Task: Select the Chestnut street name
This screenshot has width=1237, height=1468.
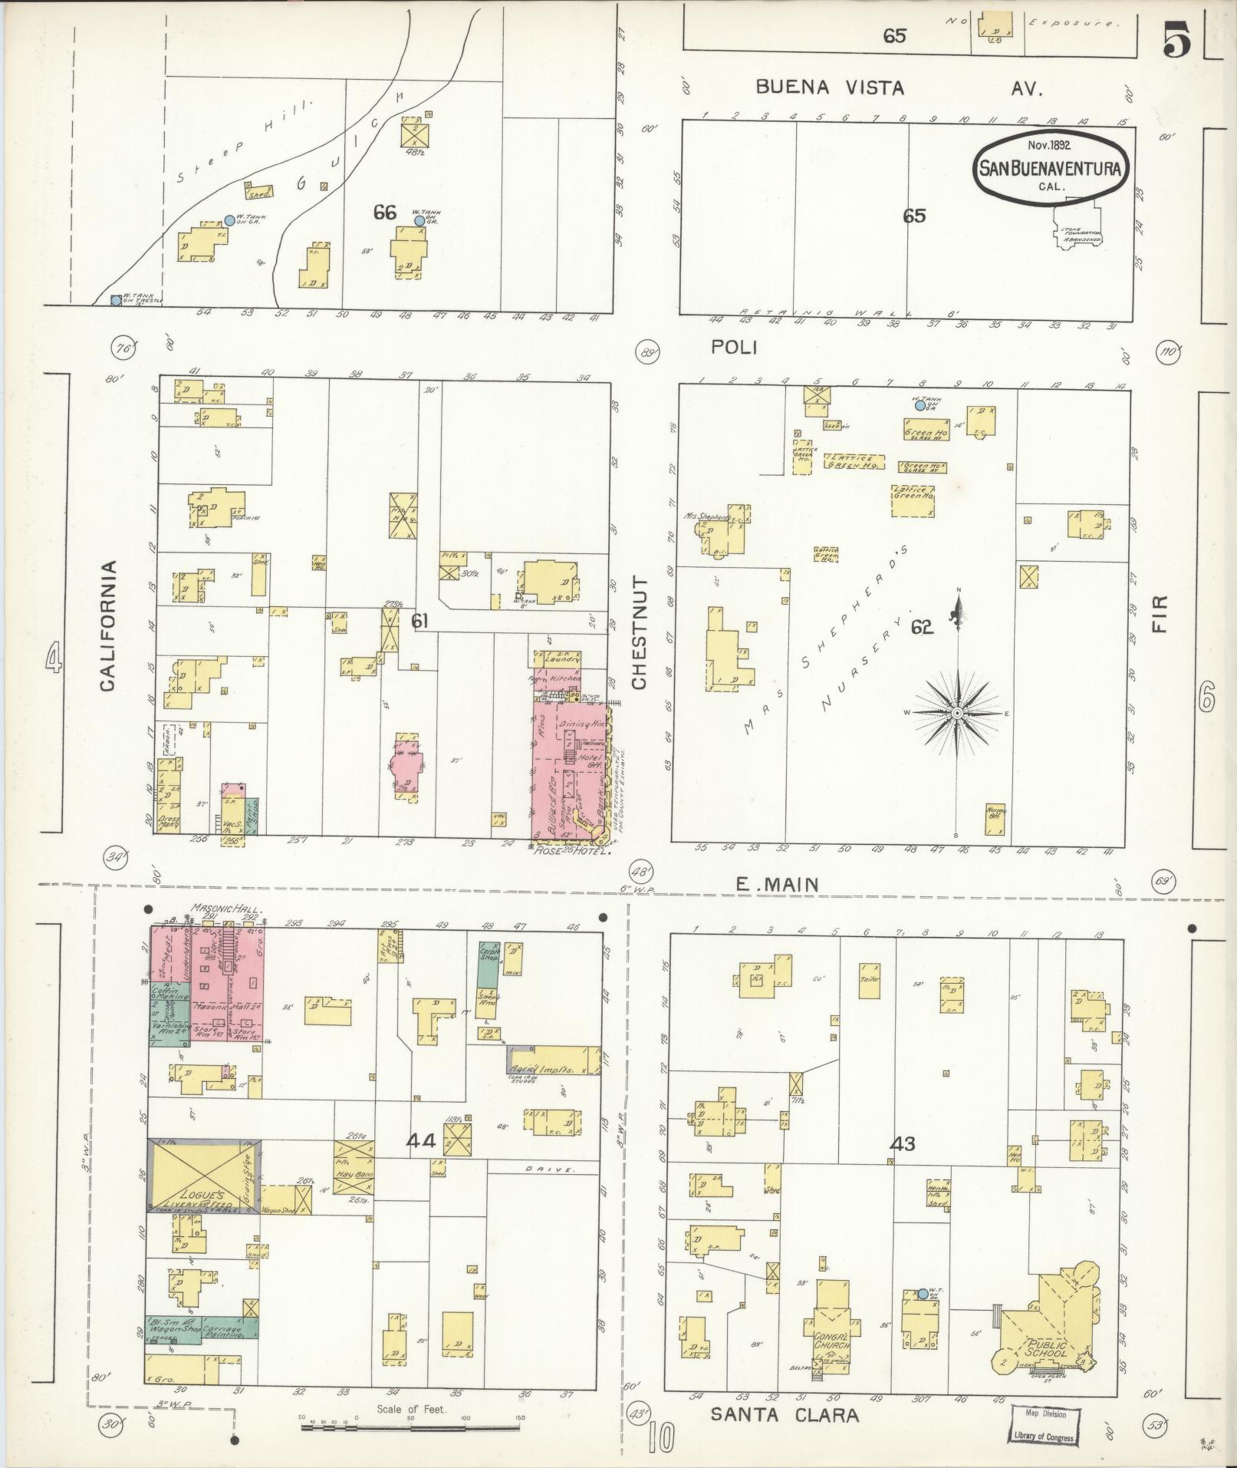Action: click(640, 633)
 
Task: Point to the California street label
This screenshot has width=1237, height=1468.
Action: click(108, 625)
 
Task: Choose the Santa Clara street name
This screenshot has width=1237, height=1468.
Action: click(784, 1415)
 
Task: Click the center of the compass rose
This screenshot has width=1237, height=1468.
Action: click(957, 714)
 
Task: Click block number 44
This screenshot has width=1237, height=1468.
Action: click(421, 1141)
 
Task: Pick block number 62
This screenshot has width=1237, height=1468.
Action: click(921, 628)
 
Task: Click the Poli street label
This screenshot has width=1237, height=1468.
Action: click(734, 348)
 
